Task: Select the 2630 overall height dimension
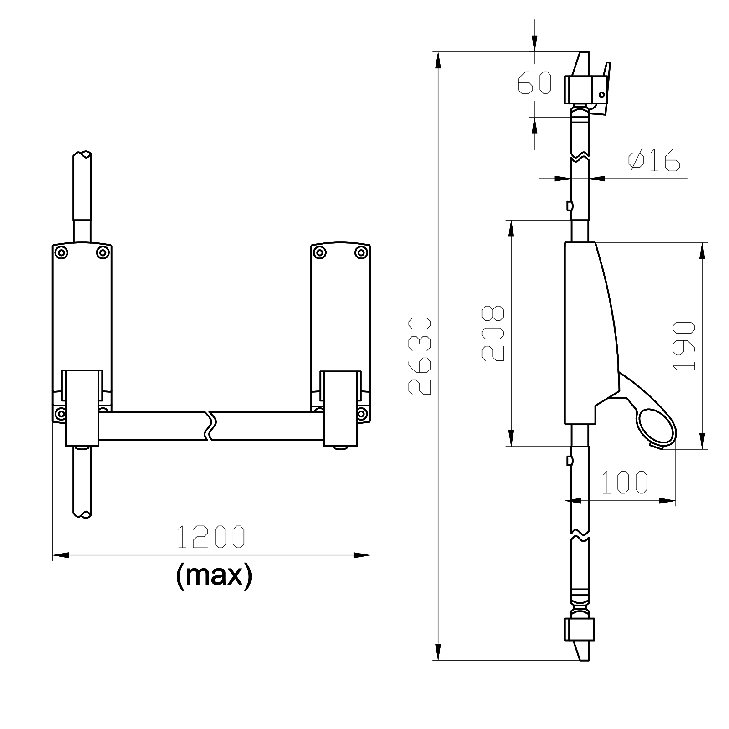pyautogui.click(x=420, y=356)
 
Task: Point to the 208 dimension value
pyautogui.click(x=493, y=333)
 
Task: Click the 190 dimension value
pyautogui.click(x=684, y=345)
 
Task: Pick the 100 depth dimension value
pyautogui.click(x=625, y=483)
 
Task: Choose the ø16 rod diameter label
pyautogui.click(x=654, y=160)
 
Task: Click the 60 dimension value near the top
pyautogui.click(x=534, y=83)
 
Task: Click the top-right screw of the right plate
pyautogui.click(x=361, y=252)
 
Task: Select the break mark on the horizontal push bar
pyautogui.click(x=210, y=426)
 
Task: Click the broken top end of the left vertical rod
pyautogui.click(x=82, y=154)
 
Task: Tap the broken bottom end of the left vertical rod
pyautogui.click(x=82, y=514)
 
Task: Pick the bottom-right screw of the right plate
pyautogui.click(x=362, y=414)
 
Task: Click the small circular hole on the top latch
pyautogui.click(x=601, y=95)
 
